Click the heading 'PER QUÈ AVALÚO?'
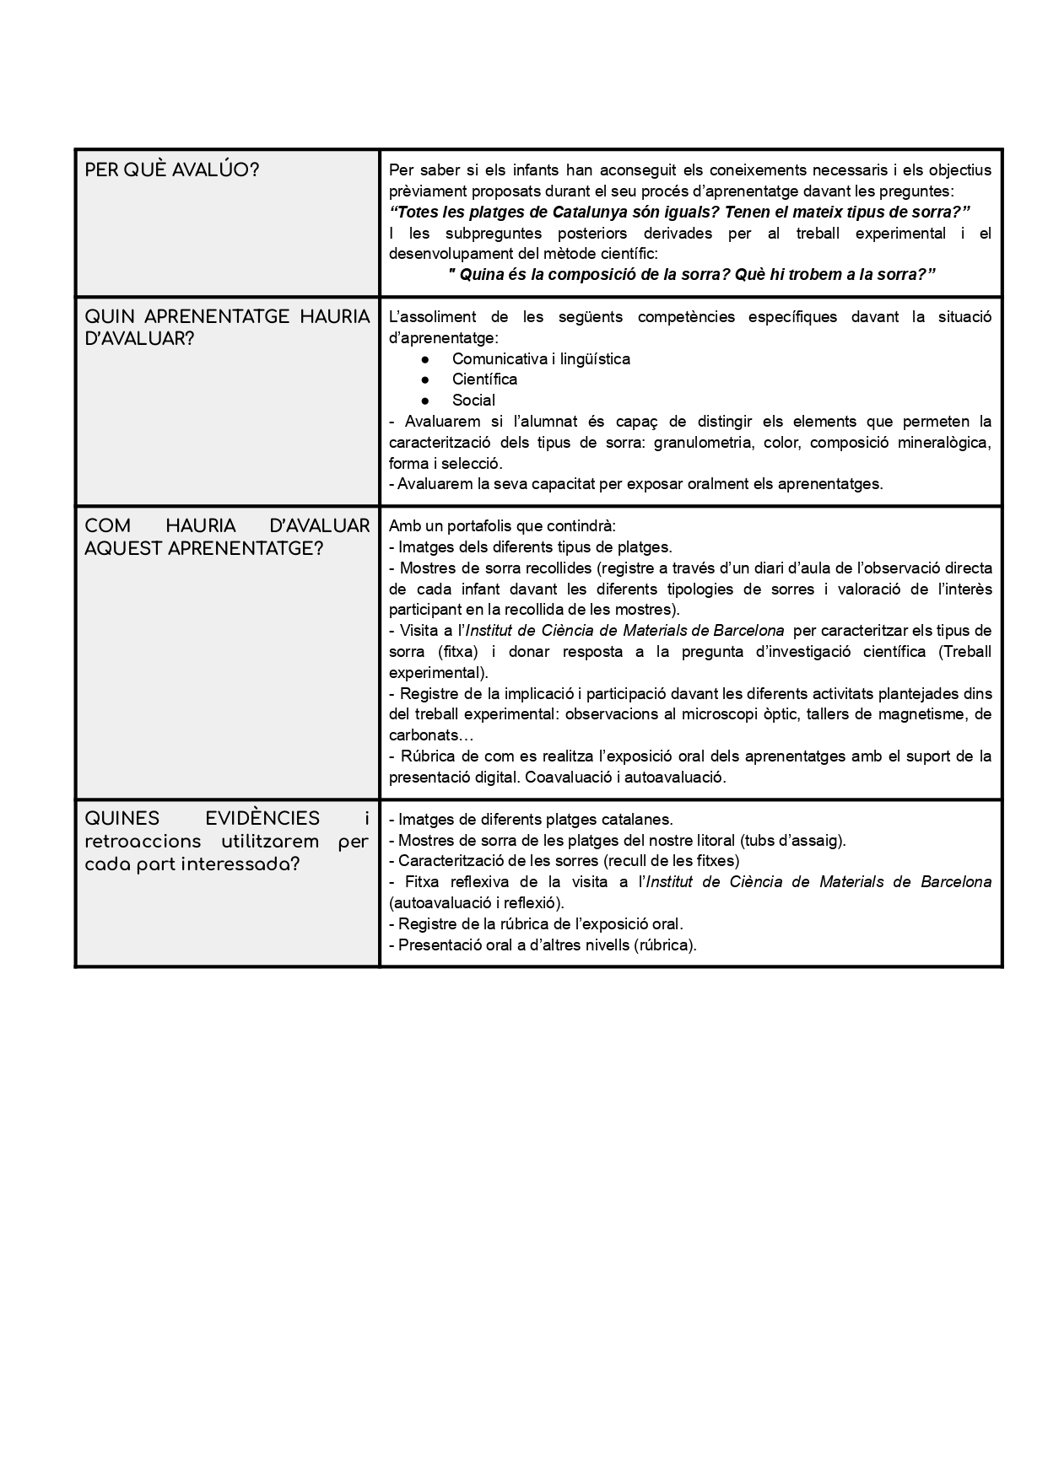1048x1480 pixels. [172, 170]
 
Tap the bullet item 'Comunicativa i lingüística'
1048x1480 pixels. [541, 359]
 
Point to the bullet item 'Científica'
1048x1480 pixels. [484, 379]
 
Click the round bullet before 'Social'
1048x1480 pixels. [425, 401]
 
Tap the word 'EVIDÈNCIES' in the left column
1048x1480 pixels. [262, 819]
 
